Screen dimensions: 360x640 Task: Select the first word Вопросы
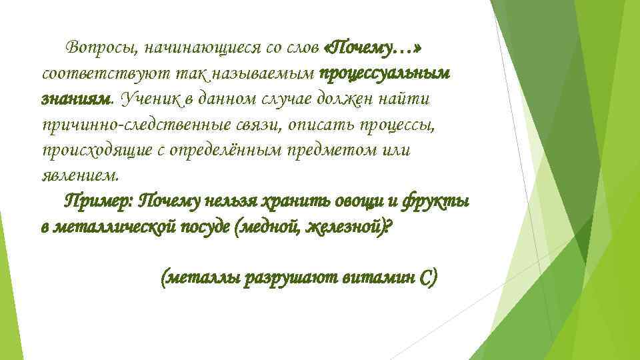click(x=97, y=49)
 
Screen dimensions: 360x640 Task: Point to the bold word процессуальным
click(x=387, y=74)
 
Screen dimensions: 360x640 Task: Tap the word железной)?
click(x=352, y=226)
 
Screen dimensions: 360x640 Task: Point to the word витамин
click(x=376, y=277)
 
